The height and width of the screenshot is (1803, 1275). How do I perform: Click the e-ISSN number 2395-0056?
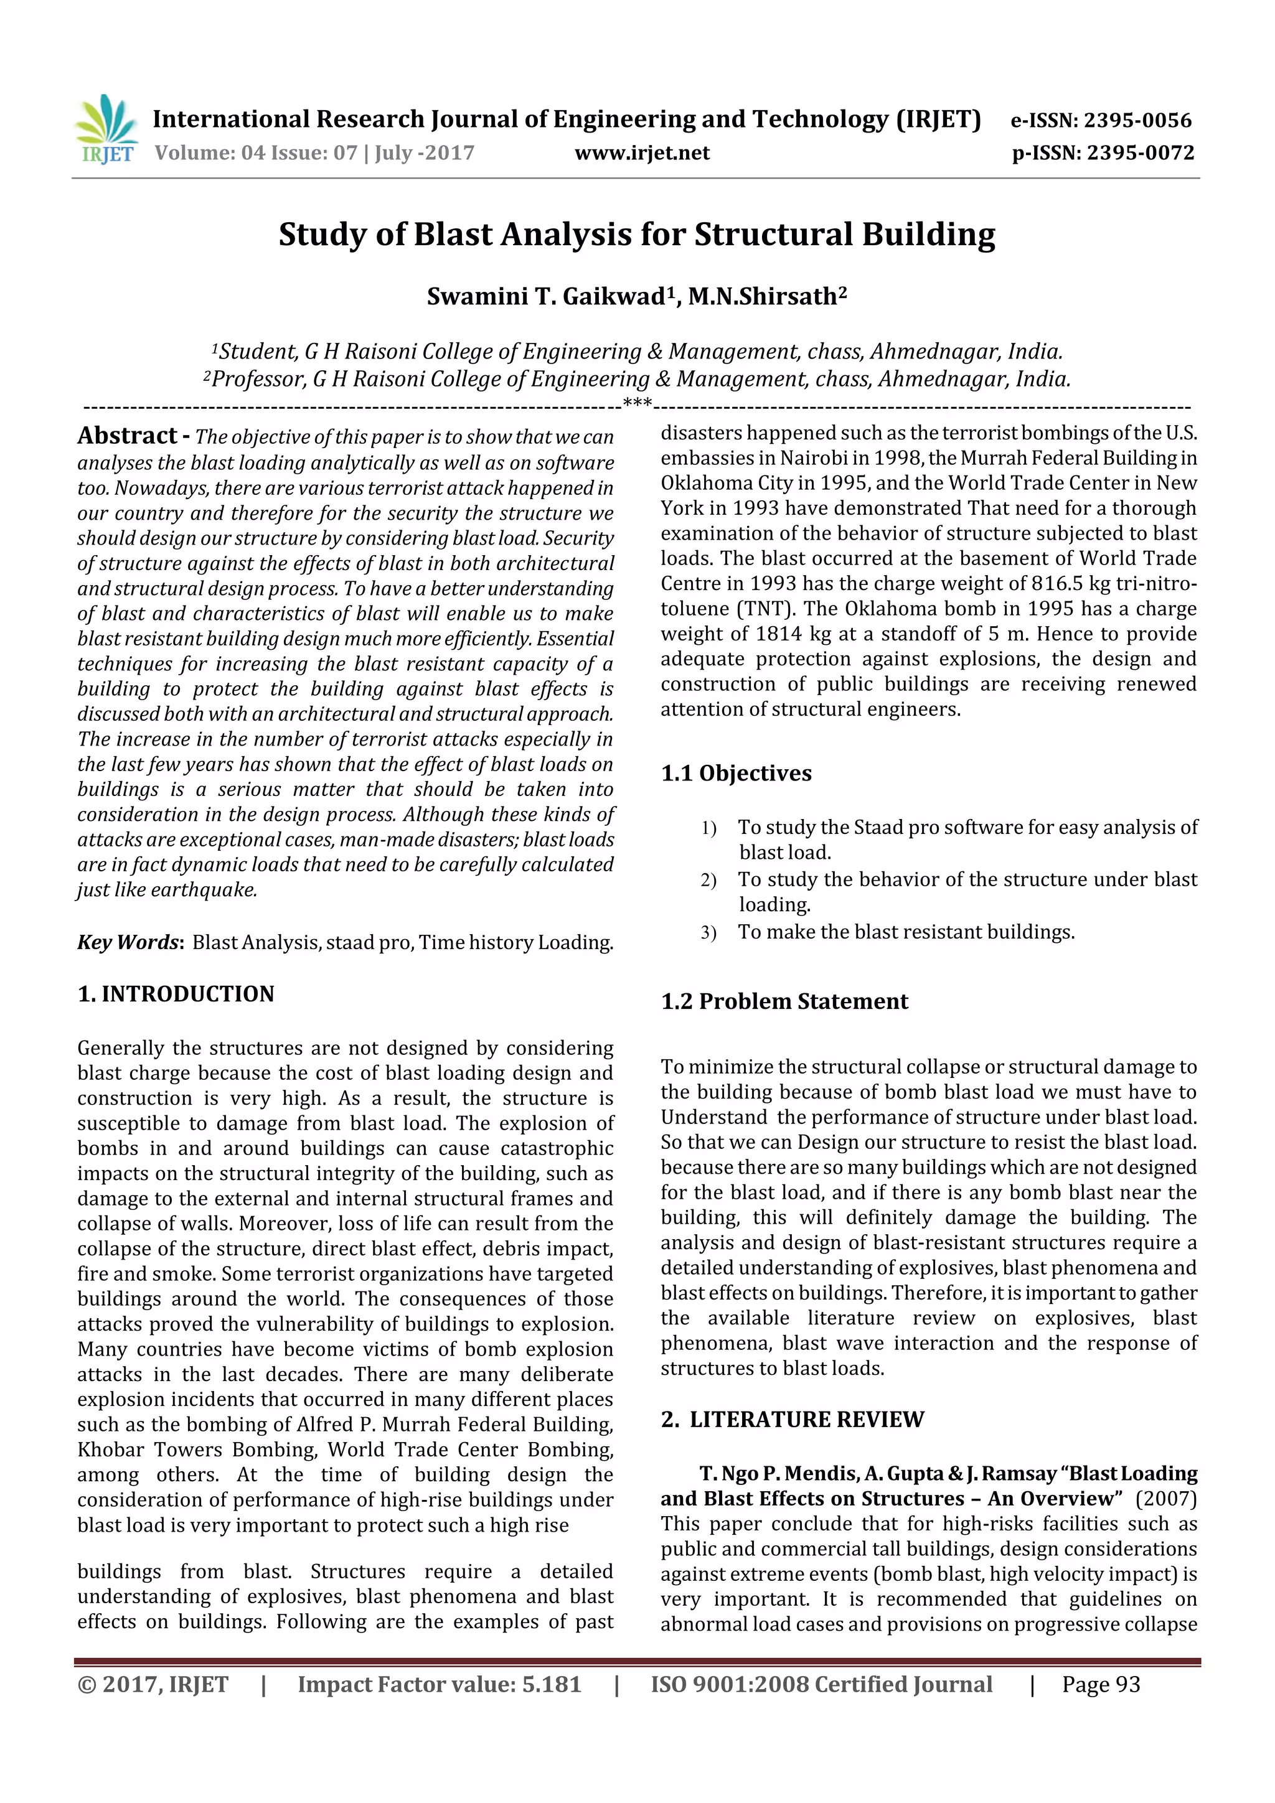click(x=1137, y=120)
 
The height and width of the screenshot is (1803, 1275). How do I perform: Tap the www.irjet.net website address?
click(x=642, y=153)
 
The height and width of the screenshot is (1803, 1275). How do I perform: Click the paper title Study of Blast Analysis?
click(x=636, y=235)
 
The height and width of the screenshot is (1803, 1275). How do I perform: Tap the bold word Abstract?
click(x=127, y=436)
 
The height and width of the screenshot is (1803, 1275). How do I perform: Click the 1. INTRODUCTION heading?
click(x=176, y=994)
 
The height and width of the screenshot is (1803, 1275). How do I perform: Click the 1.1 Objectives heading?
click(x=736, y=774)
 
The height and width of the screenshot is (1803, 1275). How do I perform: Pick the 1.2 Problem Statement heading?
click(x=784, y=1002)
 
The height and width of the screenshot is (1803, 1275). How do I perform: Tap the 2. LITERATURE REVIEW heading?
click(x=793, y=1420)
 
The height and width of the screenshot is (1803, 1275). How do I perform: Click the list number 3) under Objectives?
click(x=708, y=933)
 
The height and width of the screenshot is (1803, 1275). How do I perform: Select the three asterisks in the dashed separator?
click(x=637, y=404)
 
